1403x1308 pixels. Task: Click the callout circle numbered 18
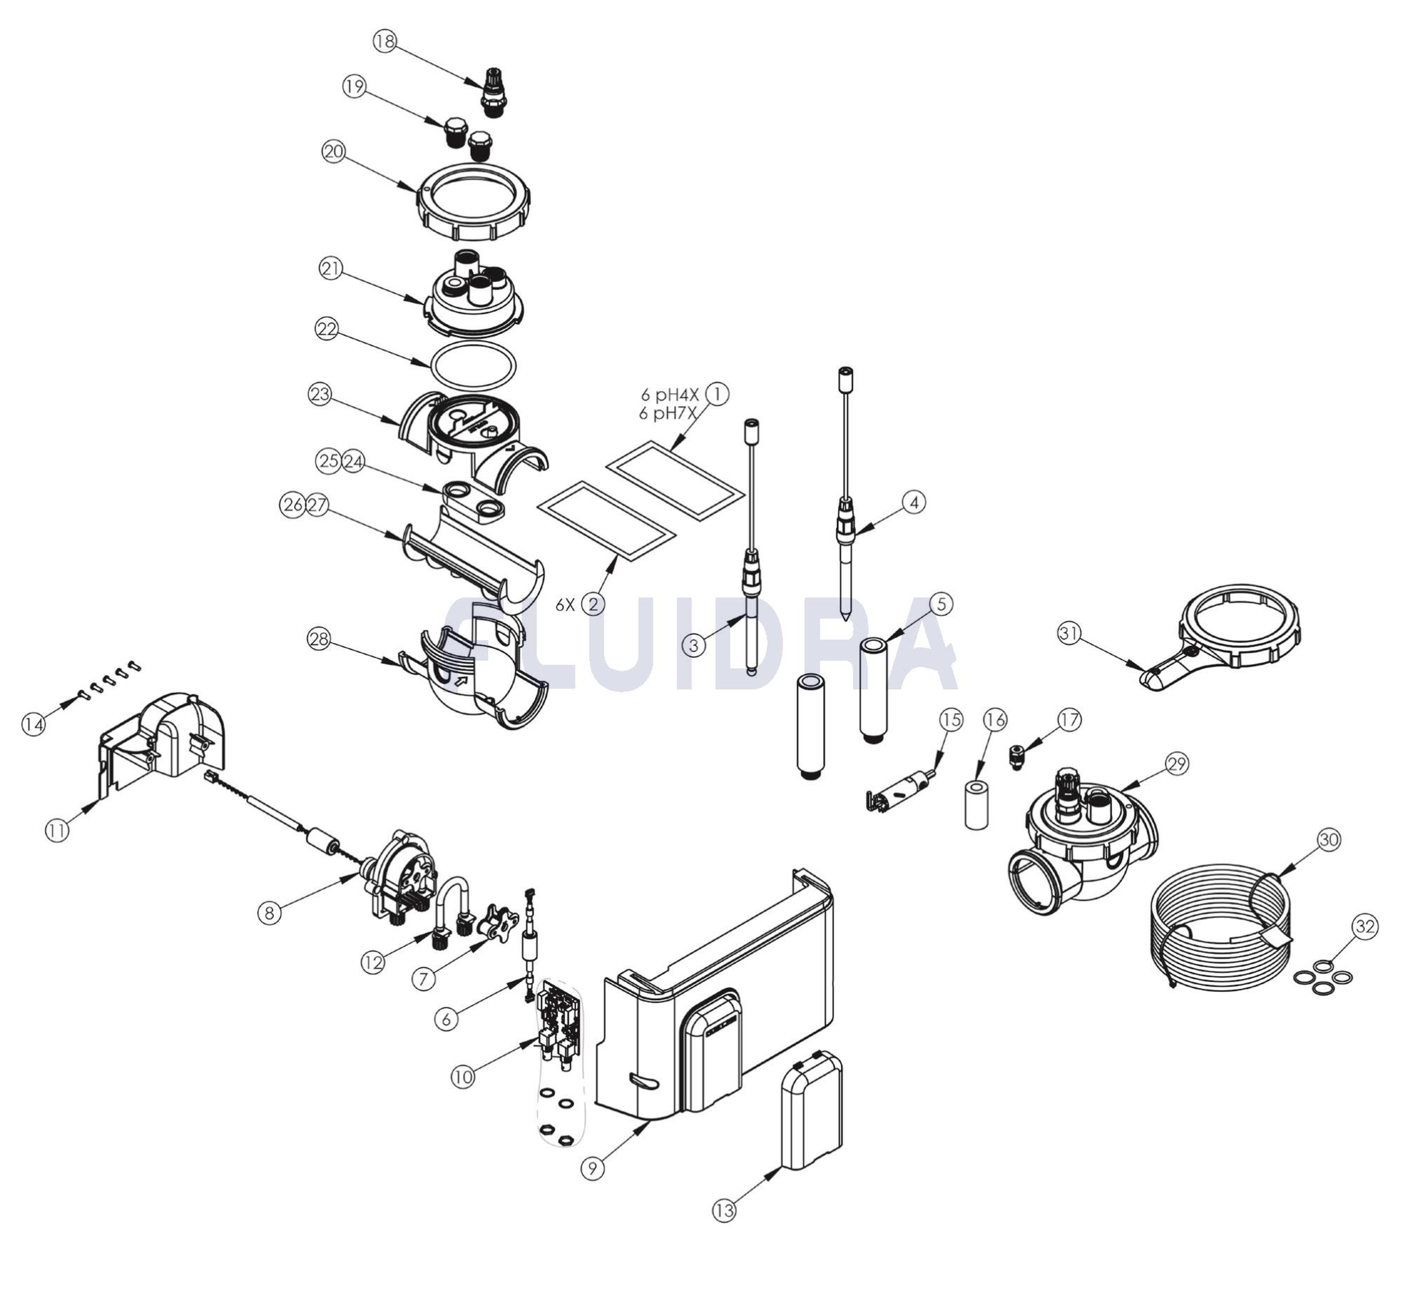(x=385, y=42)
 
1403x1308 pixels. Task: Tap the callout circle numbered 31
(x=1069, y=634)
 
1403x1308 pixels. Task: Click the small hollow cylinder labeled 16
(x=976, y=804)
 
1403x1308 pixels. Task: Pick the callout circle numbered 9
(x=593, y=1168)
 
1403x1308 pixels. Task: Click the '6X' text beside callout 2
(x=565, y=605)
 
